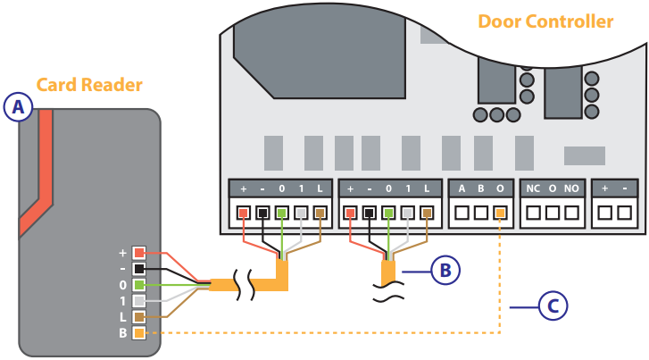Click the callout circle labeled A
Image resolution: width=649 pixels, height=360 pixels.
click(x=18, y=107)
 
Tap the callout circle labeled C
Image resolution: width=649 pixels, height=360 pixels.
click(x=553, y=306)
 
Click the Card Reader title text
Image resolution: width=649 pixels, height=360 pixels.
click(x=89, y=85)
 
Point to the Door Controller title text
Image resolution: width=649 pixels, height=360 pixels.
click(x=545, y=21)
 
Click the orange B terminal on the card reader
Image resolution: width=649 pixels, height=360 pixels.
click(x=138, y=333)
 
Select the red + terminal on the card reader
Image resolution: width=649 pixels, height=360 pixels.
click(x=138, y=253)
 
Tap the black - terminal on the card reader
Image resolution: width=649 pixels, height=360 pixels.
click(x=138, y=269)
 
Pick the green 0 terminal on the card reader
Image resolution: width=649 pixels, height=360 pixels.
click(x=138, y=285)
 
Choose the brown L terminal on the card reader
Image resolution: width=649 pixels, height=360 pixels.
click(x=138, y=317)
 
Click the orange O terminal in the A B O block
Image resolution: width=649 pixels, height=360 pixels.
click(x=501, y=213)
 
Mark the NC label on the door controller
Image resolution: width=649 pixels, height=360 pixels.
click(x=533, y=189)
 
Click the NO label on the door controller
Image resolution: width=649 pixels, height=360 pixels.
click(x=571, y=189)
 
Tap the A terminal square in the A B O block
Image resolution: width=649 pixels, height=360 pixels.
click(x=462, y=213)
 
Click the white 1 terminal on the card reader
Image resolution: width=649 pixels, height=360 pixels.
click(x=138, y=301)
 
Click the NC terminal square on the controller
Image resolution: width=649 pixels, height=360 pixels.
click(x=533, y=213)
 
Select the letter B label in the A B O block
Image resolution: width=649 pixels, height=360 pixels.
click(x=481, y=189)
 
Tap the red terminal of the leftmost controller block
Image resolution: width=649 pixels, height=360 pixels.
click(x=243, y=213)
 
